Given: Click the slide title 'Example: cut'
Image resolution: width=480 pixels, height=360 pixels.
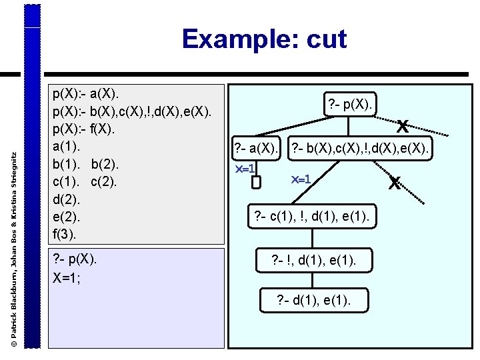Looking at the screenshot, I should (264, 39).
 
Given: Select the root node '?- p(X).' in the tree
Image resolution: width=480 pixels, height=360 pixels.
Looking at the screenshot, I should (352, 103).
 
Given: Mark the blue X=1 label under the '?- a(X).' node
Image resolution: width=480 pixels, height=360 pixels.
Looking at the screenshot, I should (245, 170).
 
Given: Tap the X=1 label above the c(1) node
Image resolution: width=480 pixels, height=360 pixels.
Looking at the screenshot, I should (302, 179).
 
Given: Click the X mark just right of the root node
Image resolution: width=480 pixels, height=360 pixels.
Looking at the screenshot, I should (402, 125).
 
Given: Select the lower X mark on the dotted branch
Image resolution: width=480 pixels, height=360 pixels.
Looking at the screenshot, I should (395, 182).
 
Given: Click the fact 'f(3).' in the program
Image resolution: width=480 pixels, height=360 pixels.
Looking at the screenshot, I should (66, 233).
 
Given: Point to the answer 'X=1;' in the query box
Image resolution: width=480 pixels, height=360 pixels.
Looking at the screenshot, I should (67, 277).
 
